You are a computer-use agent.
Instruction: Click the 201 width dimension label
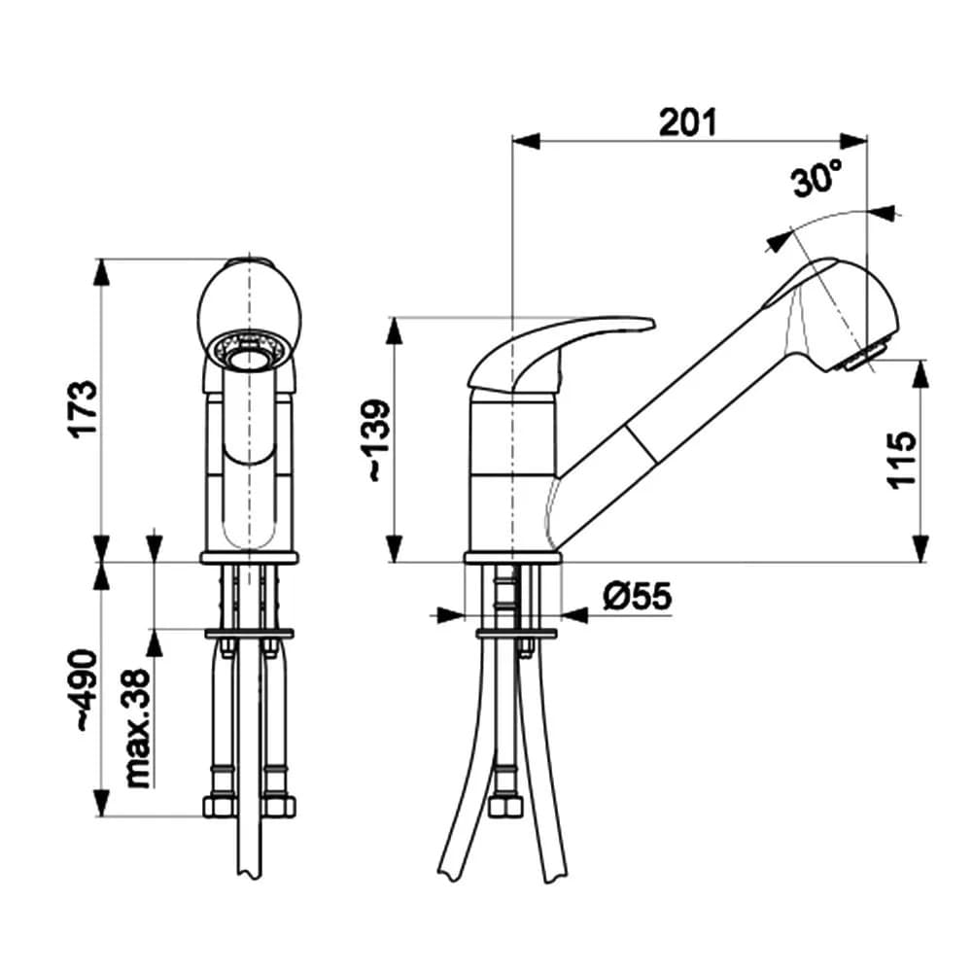pos(688,122)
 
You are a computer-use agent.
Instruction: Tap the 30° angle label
pos(816,180)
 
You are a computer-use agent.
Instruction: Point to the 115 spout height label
pos(902,460)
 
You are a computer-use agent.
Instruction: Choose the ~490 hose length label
pos(86,690)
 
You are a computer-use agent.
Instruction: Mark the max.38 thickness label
pos(138,727)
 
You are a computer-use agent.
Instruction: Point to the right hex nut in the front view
pos(279,807)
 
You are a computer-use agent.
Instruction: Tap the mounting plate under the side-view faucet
pos(516,635)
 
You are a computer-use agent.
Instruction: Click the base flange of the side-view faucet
pos(513,558)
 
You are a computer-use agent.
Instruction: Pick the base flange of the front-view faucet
pos(250,558)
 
